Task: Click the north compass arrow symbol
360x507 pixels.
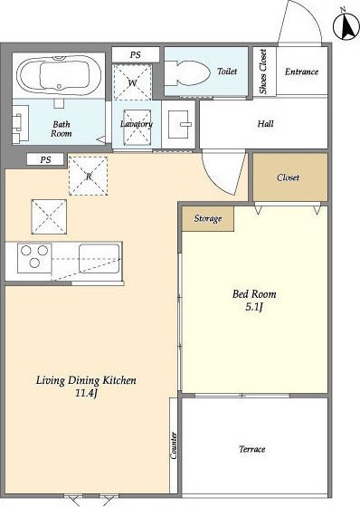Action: coord(346,26)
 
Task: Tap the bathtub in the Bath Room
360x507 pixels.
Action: coord(58,75)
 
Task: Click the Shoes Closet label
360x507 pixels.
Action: coord(263,72)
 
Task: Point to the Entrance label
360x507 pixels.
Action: coord(301,72)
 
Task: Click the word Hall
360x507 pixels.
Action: coord(265,123)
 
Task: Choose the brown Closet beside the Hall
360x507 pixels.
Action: coord(290,177)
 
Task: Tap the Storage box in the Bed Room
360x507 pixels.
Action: coord(208,218)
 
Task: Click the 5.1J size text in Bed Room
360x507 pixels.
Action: coord(254,307)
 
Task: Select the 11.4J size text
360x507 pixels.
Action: coord(86,393)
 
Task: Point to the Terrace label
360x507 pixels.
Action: coord(252,449)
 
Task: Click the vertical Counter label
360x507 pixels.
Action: coord(174,445)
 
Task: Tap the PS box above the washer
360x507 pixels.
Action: coord(136,54)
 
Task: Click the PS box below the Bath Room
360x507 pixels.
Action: coord(45,159)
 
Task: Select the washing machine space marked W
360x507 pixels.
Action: coord(132,82)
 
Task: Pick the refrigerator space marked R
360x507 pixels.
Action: coord(89,177)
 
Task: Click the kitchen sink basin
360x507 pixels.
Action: coord(99,258)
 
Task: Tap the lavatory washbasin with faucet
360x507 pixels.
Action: coord(178,124)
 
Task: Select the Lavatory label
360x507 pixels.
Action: coord(137,124)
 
